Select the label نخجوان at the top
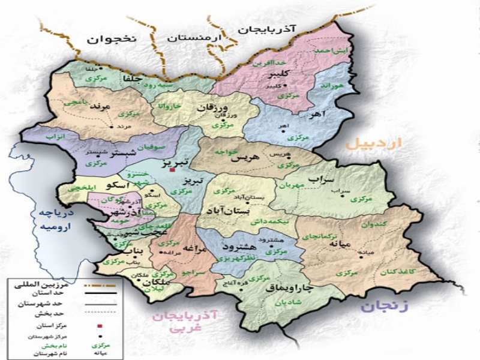point(112,39)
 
